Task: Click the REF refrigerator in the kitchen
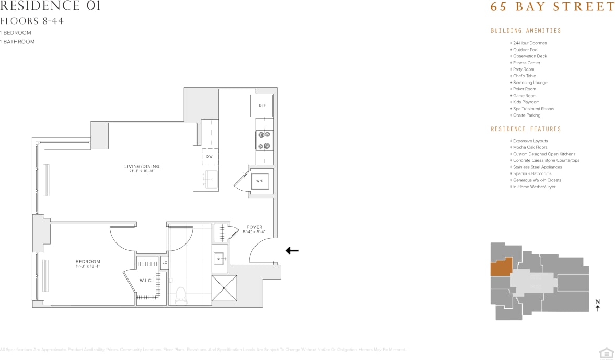coord(262,106)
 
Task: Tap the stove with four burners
coord(264,140)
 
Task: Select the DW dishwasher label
coord(210,156)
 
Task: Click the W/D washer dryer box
coord(260,181)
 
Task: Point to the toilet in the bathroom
coord(181,295)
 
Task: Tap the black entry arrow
coord(292,251)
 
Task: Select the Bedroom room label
coord(88,262)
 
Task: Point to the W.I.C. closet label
coord(146,281)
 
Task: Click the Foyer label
coord(254,227)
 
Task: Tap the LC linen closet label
coord(165,262)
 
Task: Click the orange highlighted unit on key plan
coord(501,267)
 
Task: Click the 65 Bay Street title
coord(552,7)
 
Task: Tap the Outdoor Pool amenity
coord(525,50)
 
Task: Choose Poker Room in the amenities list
coord(524,89)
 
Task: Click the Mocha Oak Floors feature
coord(530,147)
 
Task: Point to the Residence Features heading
coord(526,129)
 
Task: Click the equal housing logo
coord(606,353)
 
